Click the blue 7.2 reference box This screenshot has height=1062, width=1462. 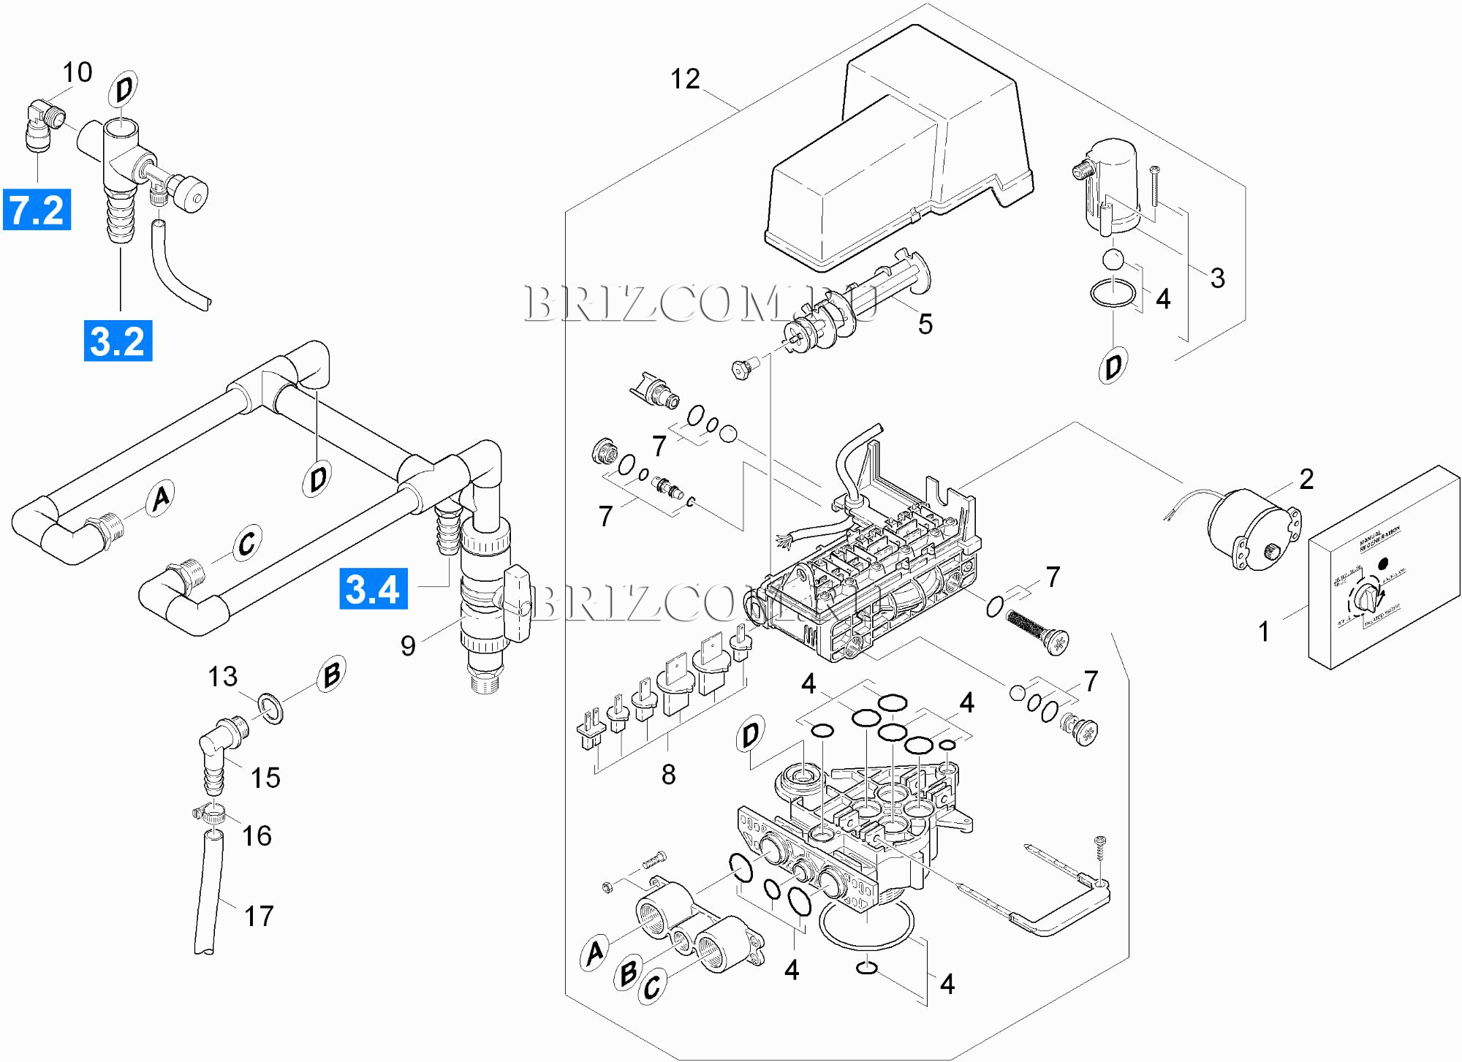point(37,210)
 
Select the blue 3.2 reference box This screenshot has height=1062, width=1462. point(118,341)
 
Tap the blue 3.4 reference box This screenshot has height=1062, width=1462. point(373,589)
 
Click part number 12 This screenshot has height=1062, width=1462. point(685,79)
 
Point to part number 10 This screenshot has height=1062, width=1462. point(77,72)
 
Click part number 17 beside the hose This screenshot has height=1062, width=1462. point(259,916)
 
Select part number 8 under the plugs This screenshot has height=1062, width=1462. point(668,775)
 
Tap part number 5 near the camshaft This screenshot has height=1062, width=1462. point(925,324)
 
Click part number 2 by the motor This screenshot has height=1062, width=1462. point(1306,479)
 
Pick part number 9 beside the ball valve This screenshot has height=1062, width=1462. point(408,645)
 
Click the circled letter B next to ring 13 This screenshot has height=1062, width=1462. point(331,674)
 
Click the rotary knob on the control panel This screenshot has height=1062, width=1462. point(1364,599)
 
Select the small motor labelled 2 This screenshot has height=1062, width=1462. point(1251,528)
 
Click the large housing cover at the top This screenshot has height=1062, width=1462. point(899,153)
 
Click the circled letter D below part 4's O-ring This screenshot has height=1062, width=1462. point(1113,365)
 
